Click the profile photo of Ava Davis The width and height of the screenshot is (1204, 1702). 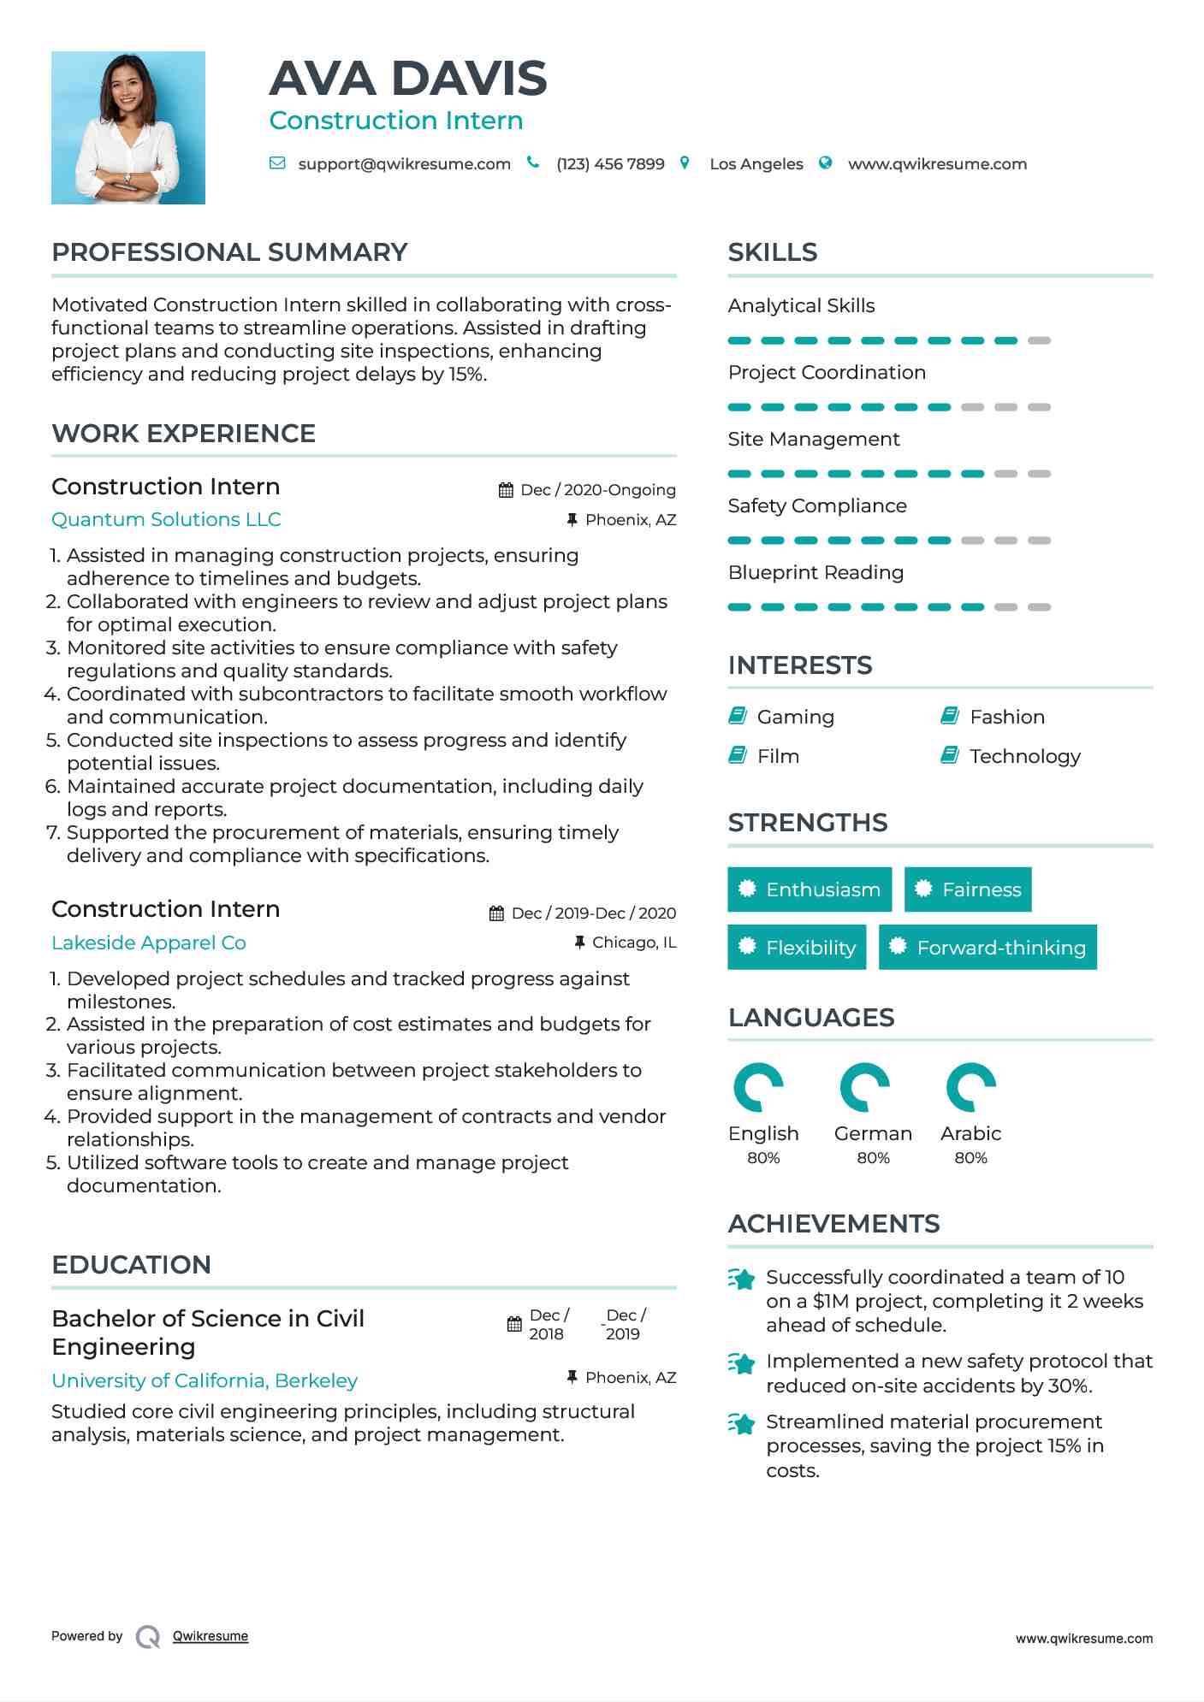pos(128,127)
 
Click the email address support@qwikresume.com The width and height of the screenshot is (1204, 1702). pos(404,164)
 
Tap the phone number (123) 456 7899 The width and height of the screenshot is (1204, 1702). pos(610,164)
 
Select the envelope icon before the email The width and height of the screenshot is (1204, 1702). pos(277,163)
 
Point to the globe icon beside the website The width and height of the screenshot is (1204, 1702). pos(825,163)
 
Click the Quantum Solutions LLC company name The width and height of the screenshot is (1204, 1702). pos(166,520)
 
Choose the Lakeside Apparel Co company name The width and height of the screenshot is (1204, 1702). pos(149,943)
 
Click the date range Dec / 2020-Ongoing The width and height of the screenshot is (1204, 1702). pos(597,490)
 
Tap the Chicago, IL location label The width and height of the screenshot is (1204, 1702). pos(634,943)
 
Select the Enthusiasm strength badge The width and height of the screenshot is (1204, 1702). pos(810,889)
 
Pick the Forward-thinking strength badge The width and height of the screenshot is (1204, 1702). pos(988,948)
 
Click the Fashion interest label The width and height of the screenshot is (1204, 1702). pos(1006,717)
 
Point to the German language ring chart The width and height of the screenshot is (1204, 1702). pos(865,1087)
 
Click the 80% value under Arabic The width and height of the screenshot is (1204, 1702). pos(970,1158)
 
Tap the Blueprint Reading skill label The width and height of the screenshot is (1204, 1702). pos(816,573)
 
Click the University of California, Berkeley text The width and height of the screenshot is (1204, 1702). pos(205,1380)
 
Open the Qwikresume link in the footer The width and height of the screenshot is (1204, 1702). pos(211,1636)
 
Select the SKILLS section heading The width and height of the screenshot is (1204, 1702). pos(773,252)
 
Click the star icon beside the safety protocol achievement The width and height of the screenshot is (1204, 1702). pos(742,1363)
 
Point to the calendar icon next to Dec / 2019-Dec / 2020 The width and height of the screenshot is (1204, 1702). pos(496,913)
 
